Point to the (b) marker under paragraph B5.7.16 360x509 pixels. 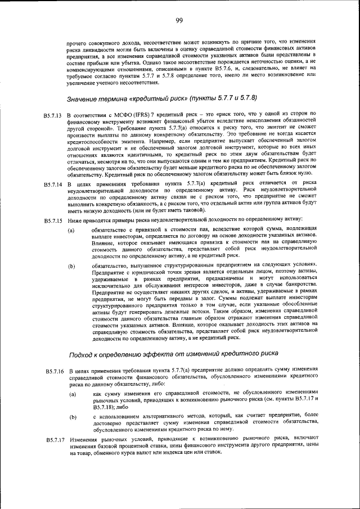71,417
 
